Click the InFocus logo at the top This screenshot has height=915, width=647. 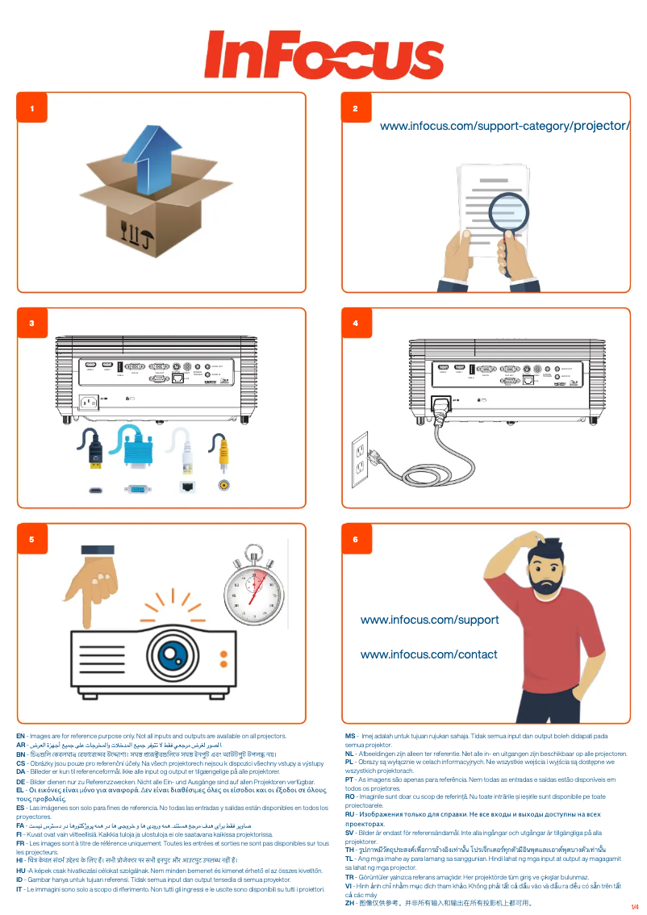(x=323, y=56)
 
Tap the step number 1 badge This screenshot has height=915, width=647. (x=31, y=107)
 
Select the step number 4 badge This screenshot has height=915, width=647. (x=355, y=323)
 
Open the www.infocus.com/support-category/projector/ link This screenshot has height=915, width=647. (x=504, y=126)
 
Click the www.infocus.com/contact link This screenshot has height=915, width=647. (x=428, y=654)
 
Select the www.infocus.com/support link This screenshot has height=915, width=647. (x=429, y=620)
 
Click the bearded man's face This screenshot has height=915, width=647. (x=551, y=572)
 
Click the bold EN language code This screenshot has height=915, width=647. (x=20, y=736)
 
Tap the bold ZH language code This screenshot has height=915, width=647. (x=349, y=903)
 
